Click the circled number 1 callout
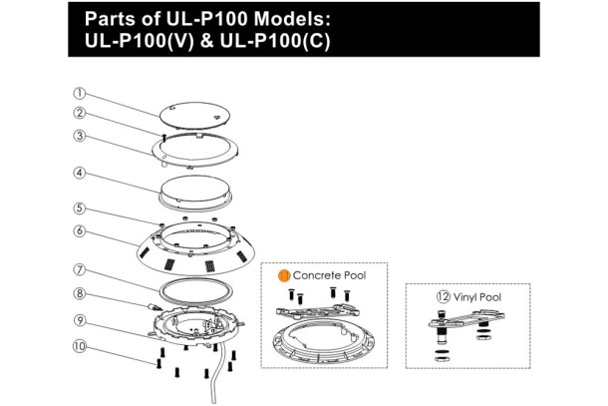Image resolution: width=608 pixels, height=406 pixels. coord(79,93)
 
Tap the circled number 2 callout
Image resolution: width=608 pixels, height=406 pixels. coord(79,113)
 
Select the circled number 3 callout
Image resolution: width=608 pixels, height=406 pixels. coord(79,136)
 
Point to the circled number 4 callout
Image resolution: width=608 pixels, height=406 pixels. coord(79,173)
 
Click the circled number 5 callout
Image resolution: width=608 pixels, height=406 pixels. coord(79,208)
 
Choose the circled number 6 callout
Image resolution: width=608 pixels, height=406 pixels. coord(79,231)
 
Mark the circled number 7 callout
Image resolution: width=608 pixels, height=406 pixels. coord(79,269)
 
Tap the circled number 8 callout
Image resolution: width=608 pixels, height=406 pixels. coord(79,293)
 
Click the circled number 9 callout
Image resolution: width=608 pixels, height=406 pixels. coord(79,320)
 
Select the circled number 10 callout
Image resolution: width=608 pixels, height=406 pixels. coord(79,346)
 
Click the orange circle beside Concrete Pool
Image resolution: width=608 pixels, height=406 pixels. coord(284,275)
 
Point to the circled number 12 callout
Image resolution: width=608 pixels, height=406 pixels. coord(443,297)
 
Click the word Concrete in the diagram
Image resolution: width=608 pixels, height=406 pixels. coord(317,275)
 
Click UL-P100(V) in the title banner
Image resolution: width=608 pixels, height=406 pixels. coord(139,41)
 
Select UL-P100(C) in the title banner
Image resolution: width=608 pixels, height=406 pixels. coord(275,41)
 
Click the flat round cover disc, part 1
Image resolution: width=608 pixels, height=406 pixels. coord(194,115)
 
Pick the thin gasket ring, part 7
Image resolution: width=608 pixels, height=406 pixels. coord(195,290)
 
